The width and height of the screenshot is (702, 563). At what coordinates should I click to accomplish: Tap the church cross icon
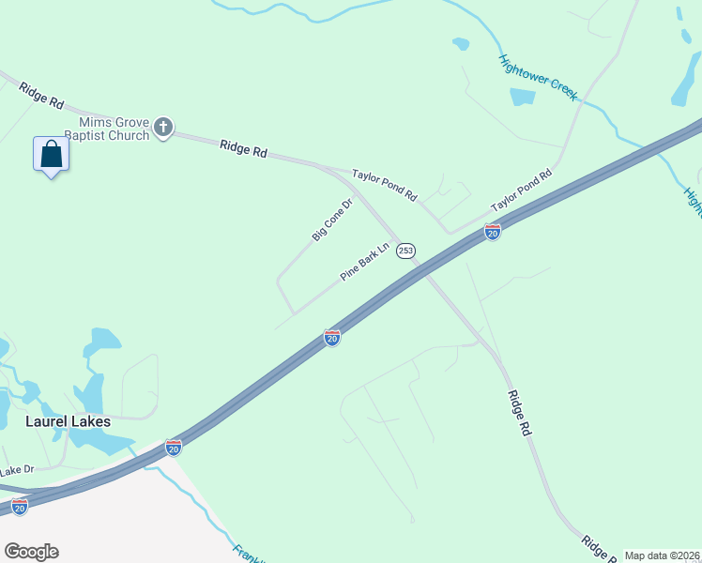163,128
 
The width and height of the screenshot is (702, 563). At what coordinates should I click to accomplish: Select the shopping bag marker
52,155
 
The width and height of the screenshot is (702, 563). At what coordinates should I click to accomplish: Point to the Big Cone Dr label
332,220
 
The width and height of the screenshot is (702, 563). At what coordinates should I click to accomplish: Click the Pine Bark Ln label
364,262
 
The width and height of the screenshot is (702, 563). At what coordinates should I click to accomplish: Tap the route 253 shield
405,251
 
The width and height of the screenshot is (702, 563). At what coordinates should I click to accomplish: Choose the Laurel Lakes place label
67,422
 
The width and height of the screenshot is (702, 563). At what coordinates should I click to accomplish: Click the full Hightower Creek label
538,77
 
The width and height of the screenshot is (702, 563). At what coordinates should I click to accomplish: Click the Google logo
31,552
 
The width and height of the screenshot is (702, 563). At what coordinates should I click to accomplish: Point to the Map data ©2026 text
662,555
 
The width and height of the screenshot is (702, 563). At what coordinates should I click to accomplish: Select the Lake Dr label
17,469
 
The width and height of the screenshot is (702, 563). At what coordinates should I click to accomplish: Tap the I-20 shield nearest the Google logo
20,508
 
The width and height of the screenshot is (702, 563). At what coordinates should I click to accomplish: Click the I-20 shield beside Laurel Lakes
174,448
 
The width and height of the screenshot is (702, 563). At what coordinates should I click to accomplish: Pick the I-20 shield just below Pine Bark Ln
332,337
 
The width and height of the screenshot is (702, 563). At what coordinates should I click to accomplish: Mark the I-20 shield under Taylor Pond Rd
492,232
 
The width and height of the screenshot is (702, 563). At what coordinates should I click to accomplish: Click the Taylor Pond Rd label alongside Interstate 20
521,191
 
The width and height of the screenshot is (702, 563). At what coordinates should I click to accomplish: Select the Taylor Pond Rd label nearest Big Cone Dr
384,184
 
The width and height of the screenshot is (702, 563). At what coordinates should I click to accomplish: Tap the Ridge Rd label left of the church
40,94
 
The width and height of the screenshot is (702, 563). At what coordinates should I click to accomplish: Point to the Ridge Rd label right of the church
244,148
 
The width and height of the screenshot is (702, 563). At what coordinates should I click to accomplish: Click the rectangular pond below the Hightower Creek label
522,97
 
